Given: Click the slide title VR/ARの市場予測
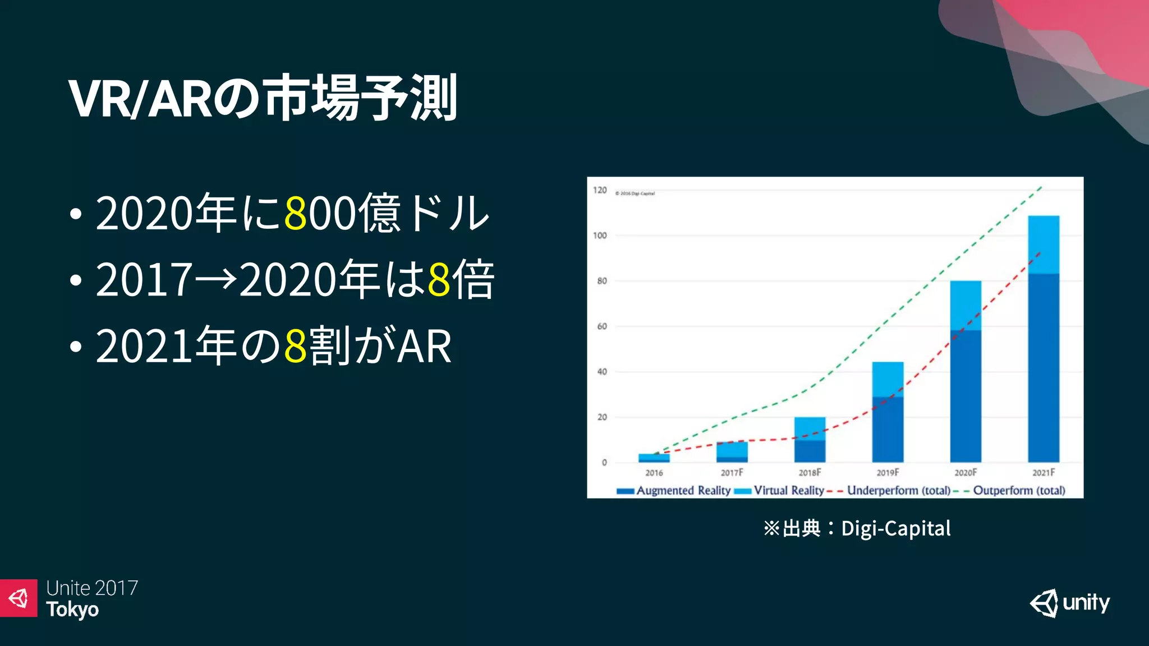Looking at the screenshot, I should [x=263, y=99].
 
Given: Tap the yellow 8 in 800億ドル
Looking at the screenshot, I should [x=296, y=213].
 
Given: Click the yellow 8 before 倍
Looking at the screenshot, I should [x=439, y=279].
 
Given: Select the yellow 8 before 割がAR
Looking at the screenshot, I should [x=296, y=345].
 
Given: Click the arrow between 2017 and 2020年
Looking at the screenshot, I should [x=216, y=279].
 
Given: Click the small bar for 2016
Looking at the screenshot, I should [x=654, y=458].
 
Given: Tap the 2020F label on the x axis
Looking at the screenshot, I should [x=966, y=473].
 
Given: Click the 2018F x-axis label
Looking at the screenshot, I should [x=810, y=473].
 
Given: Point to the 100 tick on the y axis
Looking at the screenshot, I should [x=600, y=236].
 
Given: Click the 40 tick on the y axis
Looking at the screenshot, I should [x=601, y=372].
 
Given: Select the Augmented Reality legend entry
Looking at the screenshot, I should [x=682, y=491].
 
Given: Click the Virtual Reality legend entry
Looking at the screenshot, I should [x=788, y=491].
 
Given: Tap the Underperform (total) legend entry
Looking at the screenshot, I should [x=898, y=491].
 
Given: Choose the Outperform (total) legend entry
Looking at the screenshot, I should [x=1018, y=491].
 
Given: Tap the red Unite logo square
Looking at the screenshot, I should [x=19, y=598].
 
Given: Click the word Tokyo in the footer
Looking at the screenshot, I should [x=72, y=610].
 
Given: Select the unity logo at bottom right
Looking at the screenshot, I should [x=1069, y=603].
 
